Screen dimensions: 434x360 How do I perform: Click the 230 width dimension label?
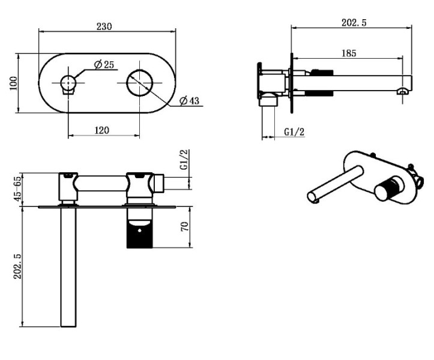(104, 26)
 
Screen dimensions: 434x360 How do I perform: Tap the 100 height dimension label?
(13, 83)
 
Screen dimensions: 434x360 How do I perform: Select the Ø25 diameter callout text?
(104, 64)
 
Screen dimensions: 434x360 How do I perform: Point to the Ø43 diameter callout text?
(189, 100)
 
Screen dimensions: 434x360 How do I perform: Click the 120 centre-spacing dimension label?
(102, 130)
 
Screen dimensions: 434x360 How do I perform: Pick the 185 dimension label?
(349, 53)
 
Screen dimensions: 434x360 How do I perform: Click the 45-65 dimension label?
(17, 188)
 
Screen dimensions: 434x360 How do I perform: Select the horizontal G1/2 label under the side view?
(294, 132)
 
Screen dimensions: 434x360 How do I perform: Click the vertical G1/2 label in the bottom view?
(184, 160)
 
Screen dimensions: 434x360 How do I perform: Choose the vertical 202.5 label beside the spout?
(17, 266)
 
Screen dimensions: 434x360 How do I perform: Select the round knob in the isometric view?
(386, 190)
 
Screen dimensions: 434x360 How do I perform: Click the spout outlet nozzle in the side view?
(403, 92)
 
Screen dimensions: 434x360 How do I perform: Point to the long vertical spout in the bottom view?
(68, 266)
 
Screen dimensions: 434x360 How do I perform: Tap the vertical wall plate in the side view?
(292, 83)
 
